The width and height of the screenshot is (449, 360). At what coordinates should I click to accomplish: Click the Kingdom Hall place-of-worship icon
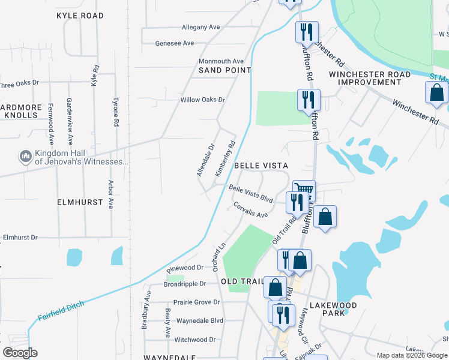tap(25, 157)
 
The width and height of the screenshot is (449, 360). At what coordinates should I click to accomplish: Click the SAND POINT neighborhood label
tap(224, 70)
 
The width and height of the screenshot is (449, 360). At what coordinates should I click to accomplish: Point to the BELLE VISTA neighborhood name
tap(261, 165)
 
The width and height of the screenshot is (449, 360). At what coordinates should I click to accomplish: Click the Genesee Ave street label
tap(175, 43)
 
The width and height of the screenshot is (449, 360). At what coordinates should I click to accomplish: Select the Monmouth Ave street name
tap(221, 61)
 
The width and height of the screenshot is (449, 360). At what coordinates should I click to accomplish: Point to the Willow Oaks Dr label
tap(203, 100)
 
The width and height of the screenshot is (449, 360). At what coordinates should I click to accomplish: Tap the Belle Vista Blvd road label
tap(251, 194)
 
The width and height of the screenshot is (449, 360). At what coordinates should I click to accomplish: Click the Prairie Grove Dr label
tap(196, 302)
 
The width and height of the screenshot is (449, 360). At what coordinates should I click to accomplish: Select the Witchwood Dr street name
tap(194, 340)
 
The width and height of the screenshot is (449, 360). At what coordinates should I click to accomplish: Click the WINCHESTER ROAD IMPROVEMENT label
tap(370, 78)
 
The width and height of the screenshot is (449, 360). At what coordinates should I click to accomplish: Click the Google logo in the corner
tap(20, 353)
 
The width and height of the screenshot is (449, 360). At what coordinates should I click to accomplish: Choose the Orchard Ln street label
tap(218, 255)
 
